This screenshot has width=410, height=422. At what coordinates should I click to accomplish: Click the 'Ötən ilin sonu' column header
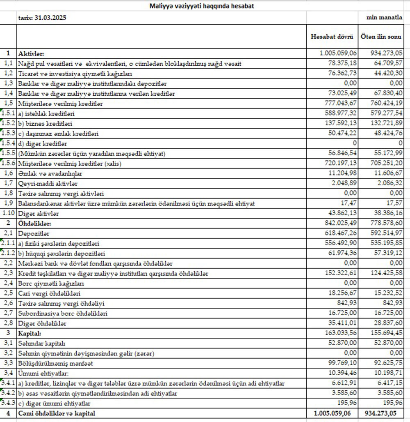coord(380,37)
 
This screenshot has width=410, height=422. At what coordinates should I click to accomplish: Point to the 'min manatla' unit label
coord(385,18)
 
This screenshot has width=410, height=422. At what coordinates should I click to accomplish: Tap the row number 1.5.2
coord(8,123)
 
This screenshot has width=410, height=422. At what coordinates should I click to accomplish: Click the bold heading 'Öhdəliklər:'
coord(34,224)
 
